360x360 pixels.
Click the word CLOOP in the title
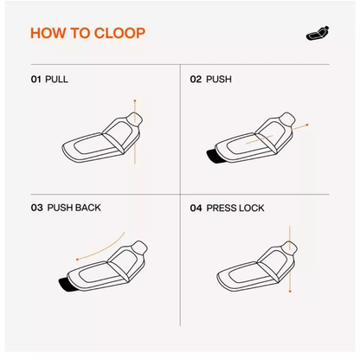[x=119, y=33]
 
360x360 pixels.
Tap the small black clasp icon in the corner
[x=318, y=33]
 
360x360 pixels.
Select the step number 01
[x=36, y=79]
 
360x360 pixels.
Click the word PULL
[x=57, y=79]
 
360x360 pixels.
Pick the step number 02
[x=196, y=79]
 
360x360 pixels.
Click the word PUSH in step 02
[x=219, y=79]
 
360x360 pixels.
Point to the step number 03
[x=36, y=208]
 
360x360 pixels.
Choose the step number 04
[x=196, y=208]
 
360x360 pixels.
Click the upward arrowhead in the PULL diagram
[x=135, y=100]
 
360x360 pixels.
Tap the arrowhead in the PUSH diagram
[x=307, y=125]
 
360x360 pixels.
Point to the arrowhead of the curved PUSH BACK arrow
[x=77, y=260]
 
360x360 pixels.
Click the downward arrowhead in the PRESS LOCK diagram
[x=290, y=292]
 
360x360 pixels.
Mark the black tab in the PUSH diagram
[x=213, y=156]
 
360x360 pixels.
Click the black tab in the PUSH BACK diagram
[x=65, y=285]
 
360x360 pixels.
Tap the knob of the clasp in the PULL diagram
[x=136, y=118]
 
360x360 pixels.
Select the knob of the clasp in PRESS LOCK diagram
[x=290, y=247]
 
